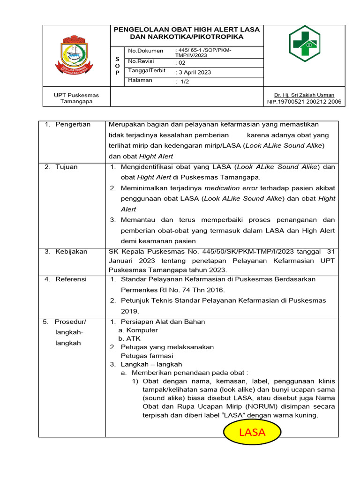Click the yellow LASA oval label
pyautogui.click(x=252, y=432)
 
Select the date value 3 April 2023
pyautogui.click(x=193, y=72)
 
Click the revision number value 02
pyautogui.click(x=180, y=62)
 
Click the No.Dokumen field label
pyautogui.click(x=146, y=51)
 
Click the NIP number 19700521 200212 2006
pyautogui.click(x=304, y=102)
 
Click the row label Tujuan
pyautogui.click(x=67, y=167)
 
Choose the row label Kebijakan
pyautogui.click(x=71, y=251)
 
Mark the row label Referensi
pyautogui.click(x=71, y=279)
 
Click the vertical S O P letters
pyautogui.click(x=117, y=66)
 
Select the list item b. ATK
pyautogui.click(x=129, y=338)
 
